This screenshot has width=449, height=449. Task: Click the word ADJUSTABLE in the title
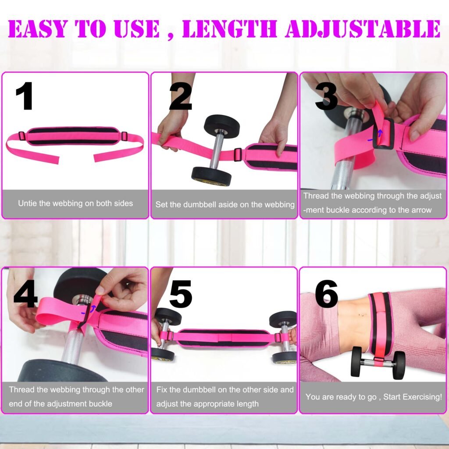(362, 29)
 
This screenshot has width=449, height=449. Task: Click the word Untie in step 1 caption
(28, 203)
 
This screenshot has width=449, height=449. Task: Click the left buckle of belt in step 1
(21, 136)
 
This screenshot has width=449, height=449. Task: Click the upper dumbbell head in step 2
(222, 126)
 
